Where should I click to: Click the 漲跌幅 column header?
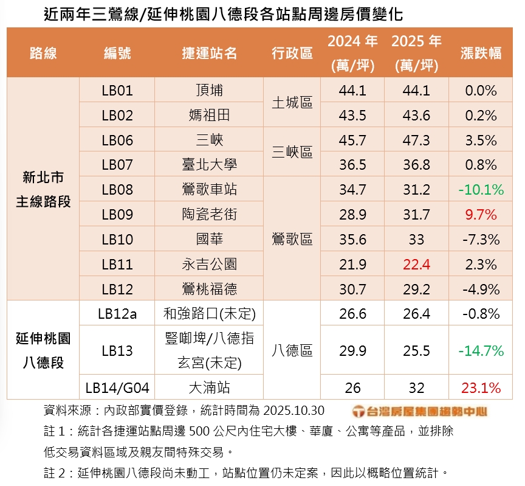(481, 53)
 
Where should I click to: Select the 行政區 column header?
(292, 53)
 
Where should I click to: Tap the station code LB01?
(117, 91)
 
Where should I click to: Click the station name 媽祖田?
(209, 116)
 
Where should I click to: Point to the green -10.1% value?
(481, 190)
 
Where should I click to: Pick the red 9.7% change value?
(481, 215)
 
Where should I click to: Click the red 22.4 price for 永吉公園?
(416, 264)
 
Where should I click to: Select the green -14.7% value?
(481, 350)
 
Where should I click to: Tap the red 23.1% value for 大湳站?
(481, 387)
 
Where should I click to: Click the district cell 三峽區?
(292, 152)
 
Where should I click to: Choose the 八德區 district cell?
(292, 350)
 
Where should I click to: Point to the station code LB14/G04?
(117, 387)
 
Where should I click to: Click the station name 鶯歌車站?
(209, 190)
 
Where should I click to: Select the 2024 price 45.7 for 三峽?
(352, 141)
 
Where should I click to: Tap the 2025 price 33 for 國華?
(416, 239)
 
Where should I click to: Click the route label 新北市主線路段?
(43, 189)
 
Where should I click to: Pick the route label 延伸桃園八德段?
(43, 350)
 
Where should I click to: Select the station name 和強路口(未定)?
(209, 314)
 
